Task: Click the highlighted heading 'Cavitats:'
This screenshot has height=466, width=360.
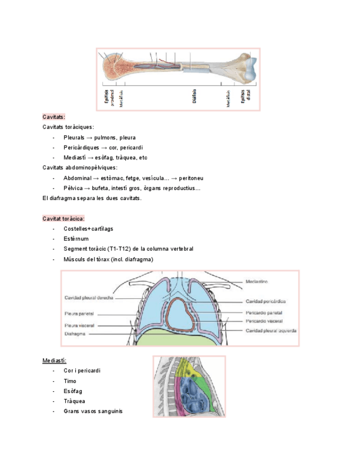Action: pos(54,117)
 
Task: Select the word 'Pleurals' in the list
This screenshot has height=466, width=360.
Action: pos(74,137)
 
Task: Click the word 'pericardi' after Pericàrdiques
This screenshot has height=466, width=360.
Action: pos(131,147)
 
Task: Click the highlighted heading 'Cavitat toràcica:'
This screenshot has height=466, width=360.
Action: pos(63,219)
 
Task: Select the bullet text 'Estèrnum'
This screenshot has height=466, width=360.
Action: pos(76,238)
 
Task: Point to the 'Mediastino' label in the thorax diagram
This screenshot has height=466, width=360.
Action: pos(257,282)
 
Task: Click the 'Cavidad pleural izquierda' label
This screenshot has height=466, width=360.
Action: pos(271,331)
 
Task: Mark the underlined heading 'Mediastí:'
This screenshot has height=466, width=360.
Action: pos(54,360)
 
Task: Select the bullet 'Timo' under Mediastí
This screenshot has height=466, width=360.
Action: pos(70,381)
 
